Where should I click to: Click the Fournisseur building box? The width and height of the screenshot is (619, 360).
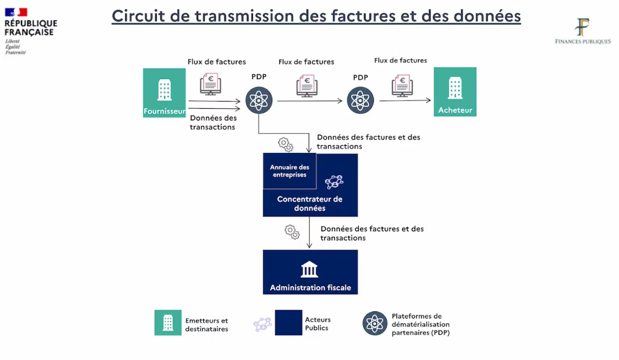pos(164,92)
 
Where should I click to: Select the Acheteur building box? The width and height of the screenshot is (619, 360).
pos(455,91)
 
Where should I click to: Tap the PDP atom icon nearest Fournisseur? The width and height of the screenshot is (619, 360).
pos(259,100)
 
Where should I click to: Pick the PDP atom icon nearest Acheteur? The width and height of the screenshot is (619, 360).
pos(361,100)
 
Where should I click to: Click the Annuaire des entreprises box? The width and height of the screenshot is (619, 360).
pos(289,171)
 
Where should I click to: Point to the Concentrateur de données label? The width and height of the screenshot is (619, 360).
pos(310,203)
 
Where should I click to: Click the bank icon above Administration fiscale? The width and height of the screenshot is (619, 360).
pos(310,269)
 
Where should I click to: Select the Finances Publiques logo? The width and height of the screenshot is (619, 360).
pos(583,31)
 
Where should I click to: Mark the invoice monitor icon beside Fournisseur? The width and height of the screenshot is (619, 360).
pos(210,84)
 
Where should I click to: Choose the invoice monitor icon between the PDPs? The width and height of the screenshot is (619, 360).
pos(306,86)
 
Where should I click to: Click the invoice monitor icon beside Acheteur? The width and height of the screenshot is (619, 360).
pos(402,86)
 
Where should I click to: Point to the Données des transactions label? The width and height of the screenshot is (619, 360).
pos(213,122)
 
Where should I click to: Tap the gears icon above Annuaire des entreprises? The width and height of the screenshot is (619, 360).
pos(285,145)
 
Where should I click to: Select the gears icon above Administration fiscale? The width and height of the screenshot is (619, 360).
pos(292,231)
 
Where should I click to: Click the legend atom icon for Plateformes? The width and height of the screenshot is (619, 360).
pos(375,324)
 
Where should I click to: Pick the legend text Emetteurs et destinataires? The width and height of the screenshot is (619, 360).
pos(207,325)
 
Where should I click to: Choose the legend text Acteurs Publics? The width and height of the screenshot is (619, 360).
pos(318,324)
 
